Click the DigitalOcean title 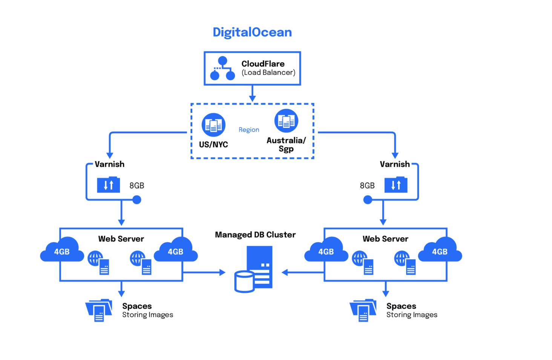click(x=252, y=32)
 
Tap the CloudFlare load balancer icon click(x=222, y=69)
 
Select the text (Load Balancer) click(x=268, y=72)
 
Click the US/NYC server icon click(x=213, y=125)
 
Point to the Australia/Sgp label click(x=286, y=145)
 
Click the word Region click(x=249, y=130)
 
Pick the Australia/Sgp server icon click(x=286, y=121)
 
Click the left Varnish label click(x=109, y=164)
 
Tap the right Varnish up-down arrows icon click(x=396, y=185)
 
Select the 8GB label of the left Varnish click(x=136, y=186)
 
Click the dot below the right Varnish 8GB click(x=368, y=200)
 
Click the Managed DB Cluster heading click(x=255, y=235)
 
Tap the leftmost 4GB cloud click(x=62, y=251)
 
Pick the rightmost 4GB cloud click(x=440, y=251)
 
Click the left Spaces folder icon click(x=99, y=310)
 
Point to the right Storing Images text click(x=412, y=315)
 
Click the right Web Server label click(x=385, y=239)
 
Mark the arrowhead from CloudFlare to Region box click(x=252, y=99)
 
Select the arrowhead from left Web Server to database click(x=222, y=272)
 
